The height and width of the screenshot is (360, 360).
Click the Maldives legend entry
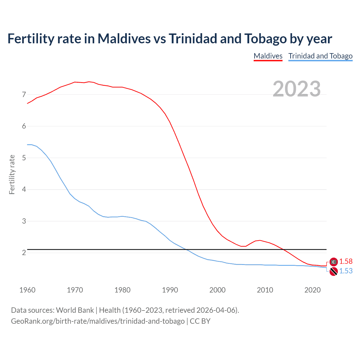point(268,56)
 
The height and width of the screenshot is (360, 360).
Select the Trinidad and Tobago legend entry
point(320,56)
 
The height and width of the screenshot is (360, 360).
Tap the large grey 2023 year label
point(297,89)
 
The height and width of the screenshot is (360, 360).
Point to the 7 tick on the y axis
point(24,94)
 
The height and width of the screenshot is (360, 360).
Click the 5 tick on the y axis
point(24,158)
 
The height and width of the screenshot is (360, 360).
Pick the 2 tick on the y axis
point(24,253)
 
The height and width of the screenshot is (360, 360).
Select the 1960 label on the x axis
point(27,290)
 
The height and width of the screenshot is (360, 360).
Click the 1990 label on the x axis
point(170,290)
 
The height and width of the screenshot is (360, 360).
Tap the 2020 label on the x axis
point(312,290)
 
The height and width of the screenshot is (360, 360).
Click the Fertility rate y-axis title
point(12,174)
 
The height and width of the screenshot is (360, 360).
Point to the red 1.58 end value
point(346,261)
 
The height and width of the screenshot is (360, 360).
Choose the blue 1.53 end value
point(346,271)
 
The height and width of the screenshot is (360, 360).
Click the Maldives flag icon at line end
point(334,262)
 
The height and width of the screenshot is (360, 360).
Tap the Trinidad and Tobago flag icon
point(334,272)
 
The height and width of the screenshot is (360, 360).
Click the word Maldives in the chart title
point(124,39)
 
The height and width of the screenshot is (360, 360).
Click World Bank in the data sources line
point(75,310)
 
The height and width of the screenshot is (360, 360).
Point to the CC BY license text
point(200,321)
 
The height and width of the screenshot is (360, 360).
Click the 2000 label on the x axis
point(217,290)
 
